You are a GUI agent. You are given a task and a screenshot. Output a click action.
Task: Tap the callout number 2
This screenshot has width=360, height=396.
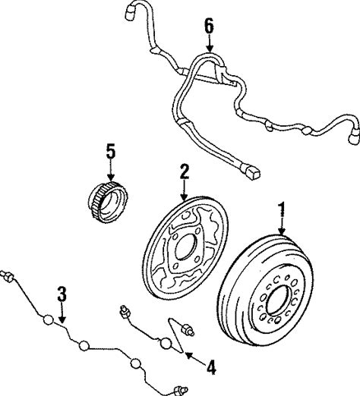(x=185, y=172)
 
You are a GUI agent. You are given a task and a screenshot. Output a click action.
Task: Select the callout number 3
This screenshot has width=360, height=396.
(x=62, y=294)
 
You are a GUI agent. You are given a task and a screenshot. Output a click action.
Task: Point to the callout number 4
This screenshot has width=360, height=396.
(x=211, y=367)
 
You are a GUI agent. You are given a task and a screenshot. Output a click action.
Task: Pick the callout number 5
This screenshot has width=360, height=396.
(x=111, y=151)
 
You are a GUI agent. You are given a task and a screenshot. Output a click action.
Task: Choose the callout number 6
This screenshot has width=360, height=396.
(x=209, y=26)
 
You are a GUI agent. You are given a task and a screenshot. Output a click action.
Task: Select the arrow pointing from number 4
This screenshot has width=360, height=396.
(x=195, y=358)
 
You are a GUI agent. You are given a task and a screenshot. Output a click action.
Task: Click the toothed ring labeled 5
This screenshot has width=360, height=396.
(x=108, y=203)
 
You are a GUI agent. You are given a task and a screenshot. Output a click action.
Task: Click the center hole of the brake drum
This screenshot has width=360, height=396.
(x=278, y=300)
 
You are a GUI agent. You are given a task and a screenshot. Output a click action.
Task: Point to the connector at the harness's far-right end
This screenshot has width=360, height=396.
(x=354, y=138)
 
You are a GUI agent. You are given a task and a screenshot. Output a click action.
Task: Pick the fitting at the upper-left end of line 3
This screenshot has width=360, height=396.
(x=8, y=276)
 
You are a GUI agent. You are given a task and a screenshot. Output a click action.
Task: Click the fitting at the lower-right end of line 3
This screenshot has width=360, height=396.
(x=180, y=391)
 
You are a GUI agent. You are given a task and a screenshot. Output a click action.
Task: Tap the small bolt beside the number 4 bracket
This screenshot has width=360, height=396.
(x=187, y=329)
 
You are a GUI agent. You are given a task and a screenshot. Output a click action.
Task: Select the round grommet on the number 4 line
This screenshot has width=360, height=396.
(x=166, y=343)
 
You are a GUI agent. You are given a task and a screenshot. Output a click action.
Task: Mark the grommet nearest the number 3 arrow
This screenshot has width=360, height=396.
(x=49, y=320)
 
